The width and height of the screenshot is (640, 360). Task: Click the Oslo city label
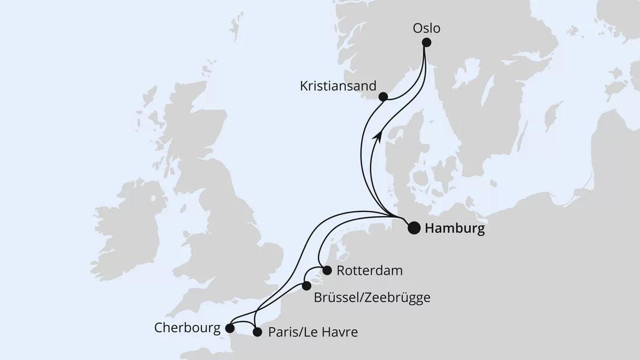(427, 28)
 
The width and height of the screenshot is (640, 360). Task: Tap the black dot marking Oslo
(426, 42)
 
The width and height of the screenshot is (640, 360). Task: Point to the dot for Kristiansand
(383, 97)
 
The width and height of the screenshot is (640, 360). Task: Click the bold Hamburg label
(455, 229)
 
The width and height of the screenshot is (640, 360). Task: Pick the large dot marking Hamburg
(414, 227)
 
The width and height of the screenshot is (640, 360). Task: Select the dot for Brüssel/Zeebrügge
(306, 286)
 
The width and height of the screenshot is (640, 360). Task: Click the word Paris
(282, 333)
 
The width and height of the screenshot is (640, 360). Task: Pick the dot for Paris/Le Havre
(257, 332)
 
